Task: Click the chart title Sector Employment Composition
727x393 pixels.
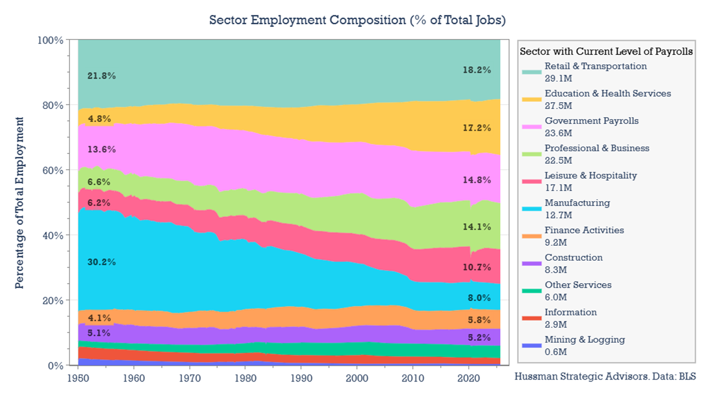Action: tap(357, 20)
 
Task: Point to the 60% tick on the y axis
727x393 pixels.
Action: tap(52, 170)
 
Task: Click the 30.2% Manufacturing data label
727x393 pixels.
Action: tap(101, 262)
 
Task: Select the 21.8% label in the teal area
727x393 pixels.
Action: tap(101, 76)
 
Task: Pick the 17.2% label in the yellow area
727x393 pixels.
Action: tap(476, 128)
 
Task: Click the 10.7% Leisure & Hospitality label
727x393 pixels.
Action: tap(476, 268)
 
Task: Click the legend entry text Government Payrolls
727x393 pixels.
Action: tap(591, 121)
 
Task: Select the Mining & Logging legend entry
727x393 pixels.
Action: tap(585, 340)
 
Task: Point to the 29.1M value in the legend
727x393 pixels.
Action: tap(557, 78)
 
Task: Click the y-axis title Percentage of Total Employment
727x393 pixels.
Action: tap(19, 203)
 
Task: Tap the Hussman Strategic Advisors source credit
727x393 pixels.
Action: tap(605, 376)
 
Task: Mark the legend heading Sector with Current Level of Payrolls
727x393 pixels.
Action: tap(606, 51)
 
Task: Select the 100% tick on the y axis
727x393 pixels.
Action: tap(50, 40)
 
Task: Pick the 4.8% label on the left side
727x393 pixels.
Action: tap(99, 119)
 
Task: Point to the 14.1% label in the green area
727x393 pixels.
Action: tap(476, 227)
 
